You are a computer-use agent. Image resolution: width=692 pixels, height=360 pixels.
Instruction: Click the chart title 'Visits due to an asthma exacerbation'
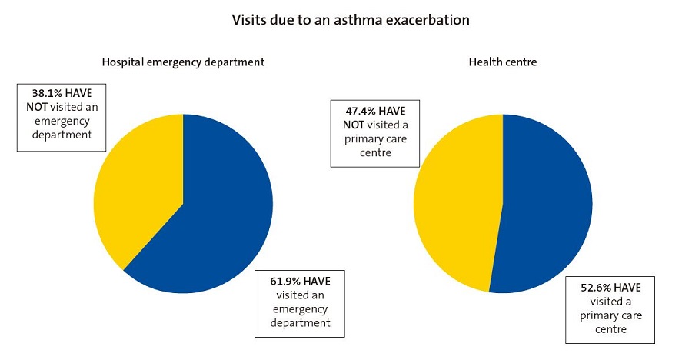tap(350, 20)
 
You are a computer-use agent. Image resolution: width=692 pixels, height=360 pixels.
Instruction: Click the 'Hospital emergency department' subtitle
tap(183, 62)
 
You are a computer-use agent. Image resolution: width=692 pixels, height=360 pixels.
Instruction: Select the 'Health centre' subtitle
tap(503, 62)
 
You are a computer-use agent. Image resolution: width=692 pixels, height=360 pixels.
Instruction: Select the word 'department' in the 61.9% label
tap(300, 323)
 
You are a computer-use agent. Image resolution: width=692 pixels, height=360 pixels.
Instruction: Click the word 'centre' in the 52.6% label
tap(610, 329)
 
